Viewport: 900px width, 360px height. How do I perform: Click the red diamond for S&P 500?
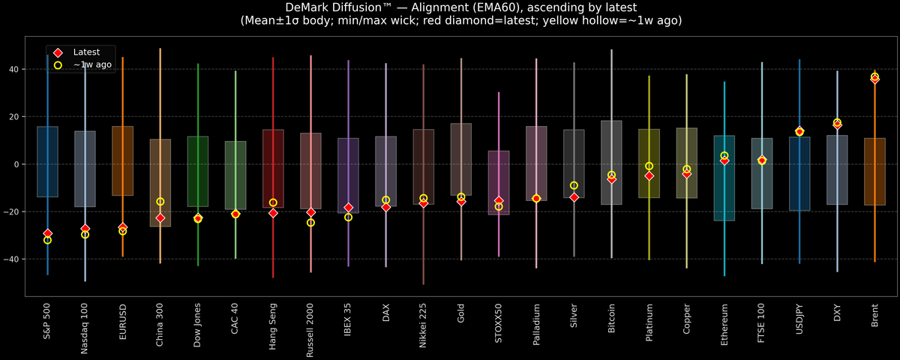(47, 234)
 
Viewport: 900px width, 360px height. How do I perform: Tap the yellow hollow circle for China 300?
(160, 202)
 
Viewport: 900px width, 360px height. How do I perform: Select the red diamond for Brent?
(874, 79)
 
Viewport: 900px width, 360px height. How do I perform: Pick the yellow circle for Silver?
(574, 185)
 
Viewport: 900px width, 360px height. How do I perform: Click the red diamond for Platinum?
(649, 175)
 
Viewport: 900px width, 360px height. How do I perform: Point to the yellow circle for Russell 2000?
(310, 223)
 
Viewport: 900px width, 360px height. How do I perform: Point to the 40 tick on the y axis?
(14, 69)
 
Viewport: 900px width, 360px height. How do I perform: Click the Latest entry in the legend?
(85, 52)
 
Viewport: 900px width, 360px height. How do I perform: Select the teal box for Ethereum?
(724, 178)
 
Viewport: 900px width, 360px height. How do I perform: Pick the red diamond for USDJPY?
(799, 132)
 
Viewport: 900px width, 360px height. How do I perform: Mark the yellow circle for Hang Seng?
(273, 202)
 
